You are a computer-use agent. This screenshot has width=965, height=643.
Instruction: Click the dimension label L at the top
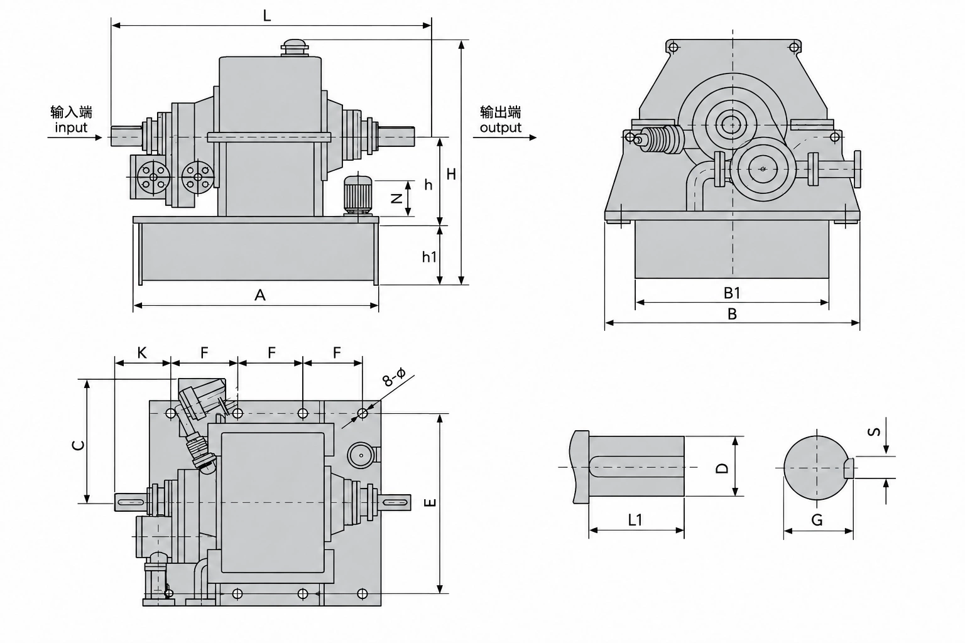tap(266, 16)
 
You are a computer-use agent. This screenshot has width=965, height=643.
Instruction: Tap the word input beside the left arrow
tap(71, 127)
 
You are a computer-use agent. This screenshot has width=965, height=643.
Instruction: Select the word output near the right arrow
tap(501, 128)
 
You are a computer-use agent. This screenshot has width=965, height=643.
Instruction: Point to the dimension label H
tap(451, 174)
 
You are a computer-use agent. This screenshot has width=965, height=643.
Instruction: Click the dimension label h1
tap(429, 257)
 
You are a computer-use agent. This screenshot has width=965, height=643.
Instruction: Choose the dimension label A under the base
tap(259, 295)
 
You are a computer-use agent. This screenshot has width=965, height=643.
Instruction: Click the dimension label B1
tap(731, 293)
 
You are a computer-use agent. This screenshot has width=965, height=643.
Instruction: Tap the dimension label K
tap(142, 353)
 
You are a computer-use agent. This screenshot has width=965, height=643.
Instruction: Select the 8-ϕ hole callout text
tap(394, 376)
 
